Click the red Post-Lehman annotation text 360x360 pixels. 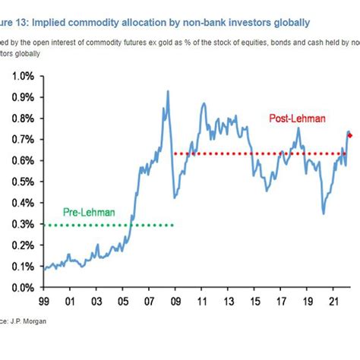298,118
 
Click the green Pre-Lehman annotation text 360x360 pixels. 88,213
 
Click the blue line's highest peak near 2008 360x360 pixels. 168,91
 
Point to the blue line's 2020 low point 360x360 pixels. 324,213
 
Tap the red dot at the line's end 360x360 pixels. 349,136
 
